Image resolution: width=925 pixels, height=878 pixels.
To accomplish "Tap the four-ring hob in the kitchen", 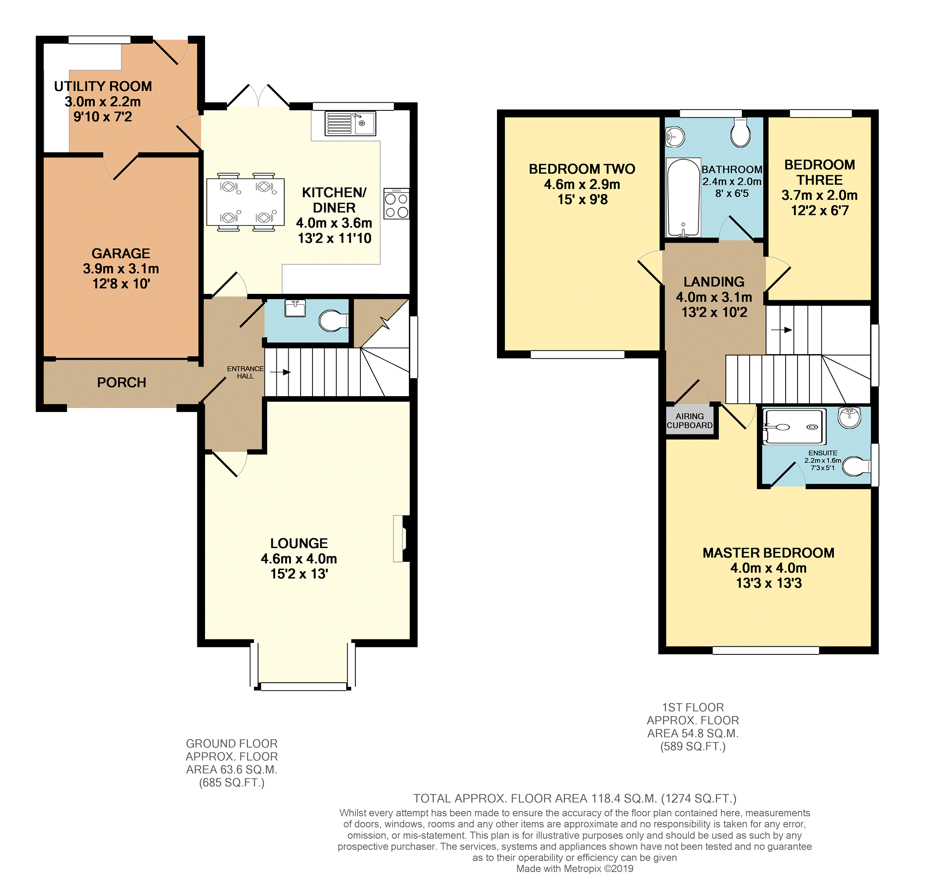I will [x=396, y=204].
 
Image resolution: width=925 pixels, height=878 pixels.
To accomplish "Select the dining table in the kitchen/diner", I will [x=245, y=202].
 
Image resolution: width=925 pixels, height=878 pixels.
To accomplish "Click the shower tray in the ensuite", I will [x=793, y=426].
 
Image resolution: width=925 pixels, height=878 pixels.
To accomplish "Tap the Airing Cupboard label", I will [x=689, y=421].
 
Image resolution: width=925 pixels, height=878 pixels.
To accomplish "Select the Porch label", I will [x=122, y=382].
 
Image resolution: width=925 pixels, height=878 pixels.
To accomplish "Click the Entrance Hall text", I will [x=245, y=372].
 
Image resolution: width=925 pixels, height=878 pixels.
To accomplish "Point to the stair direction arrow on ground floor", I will [x=280, y=372].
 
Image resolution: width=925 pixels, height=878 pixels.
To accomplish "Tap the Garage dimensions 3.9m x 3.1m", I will [x=121, y=269].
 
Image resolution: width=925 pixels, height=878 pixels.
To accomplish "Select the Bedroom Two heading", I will [x=581, y=169].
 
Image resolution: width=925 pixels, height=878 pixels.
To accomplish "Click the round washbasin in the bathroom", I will [x=675, y=137].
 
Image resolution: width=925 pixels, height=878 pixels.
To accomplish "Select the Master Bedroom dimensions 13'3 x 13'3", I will [x=769, y=583].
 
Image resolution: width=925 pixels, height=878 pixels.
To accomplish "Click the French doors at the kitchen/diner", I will [x=258, y=96].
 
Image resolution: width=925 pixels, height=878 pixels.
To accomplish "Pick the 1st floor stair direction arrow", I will [x=781, y=330].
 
